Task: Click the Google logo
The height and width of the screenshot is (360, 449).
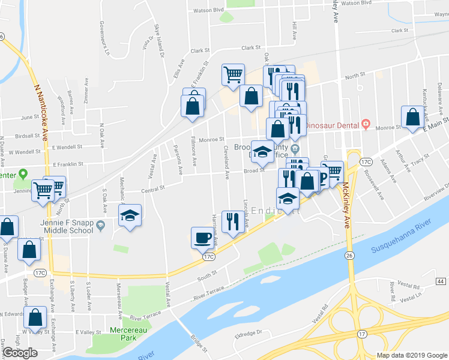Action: (20, 353)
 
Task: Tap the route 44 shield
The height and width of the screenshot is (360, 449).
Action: (441, 281)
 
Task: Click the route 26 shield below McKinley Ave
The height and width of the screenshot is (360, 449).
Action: (349, 256)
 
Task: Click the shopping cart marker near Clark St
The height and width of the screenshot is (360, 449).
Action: (233, 75)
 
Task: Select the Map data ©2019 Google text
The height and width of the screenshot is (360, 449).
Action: (412, 355)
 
